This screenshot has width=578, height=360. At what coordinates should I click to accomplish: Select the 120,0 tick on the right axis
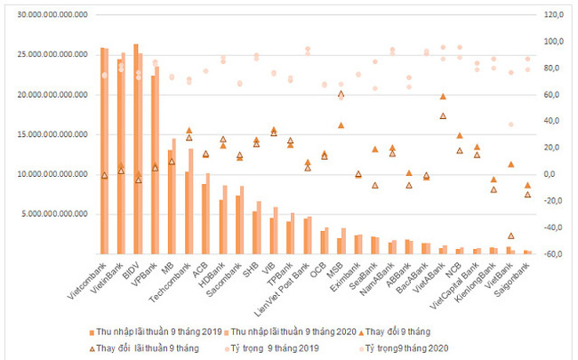pos(556,15)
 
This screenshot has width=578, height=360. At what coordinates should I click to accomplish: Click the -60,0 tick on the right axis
pos(556,254)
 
